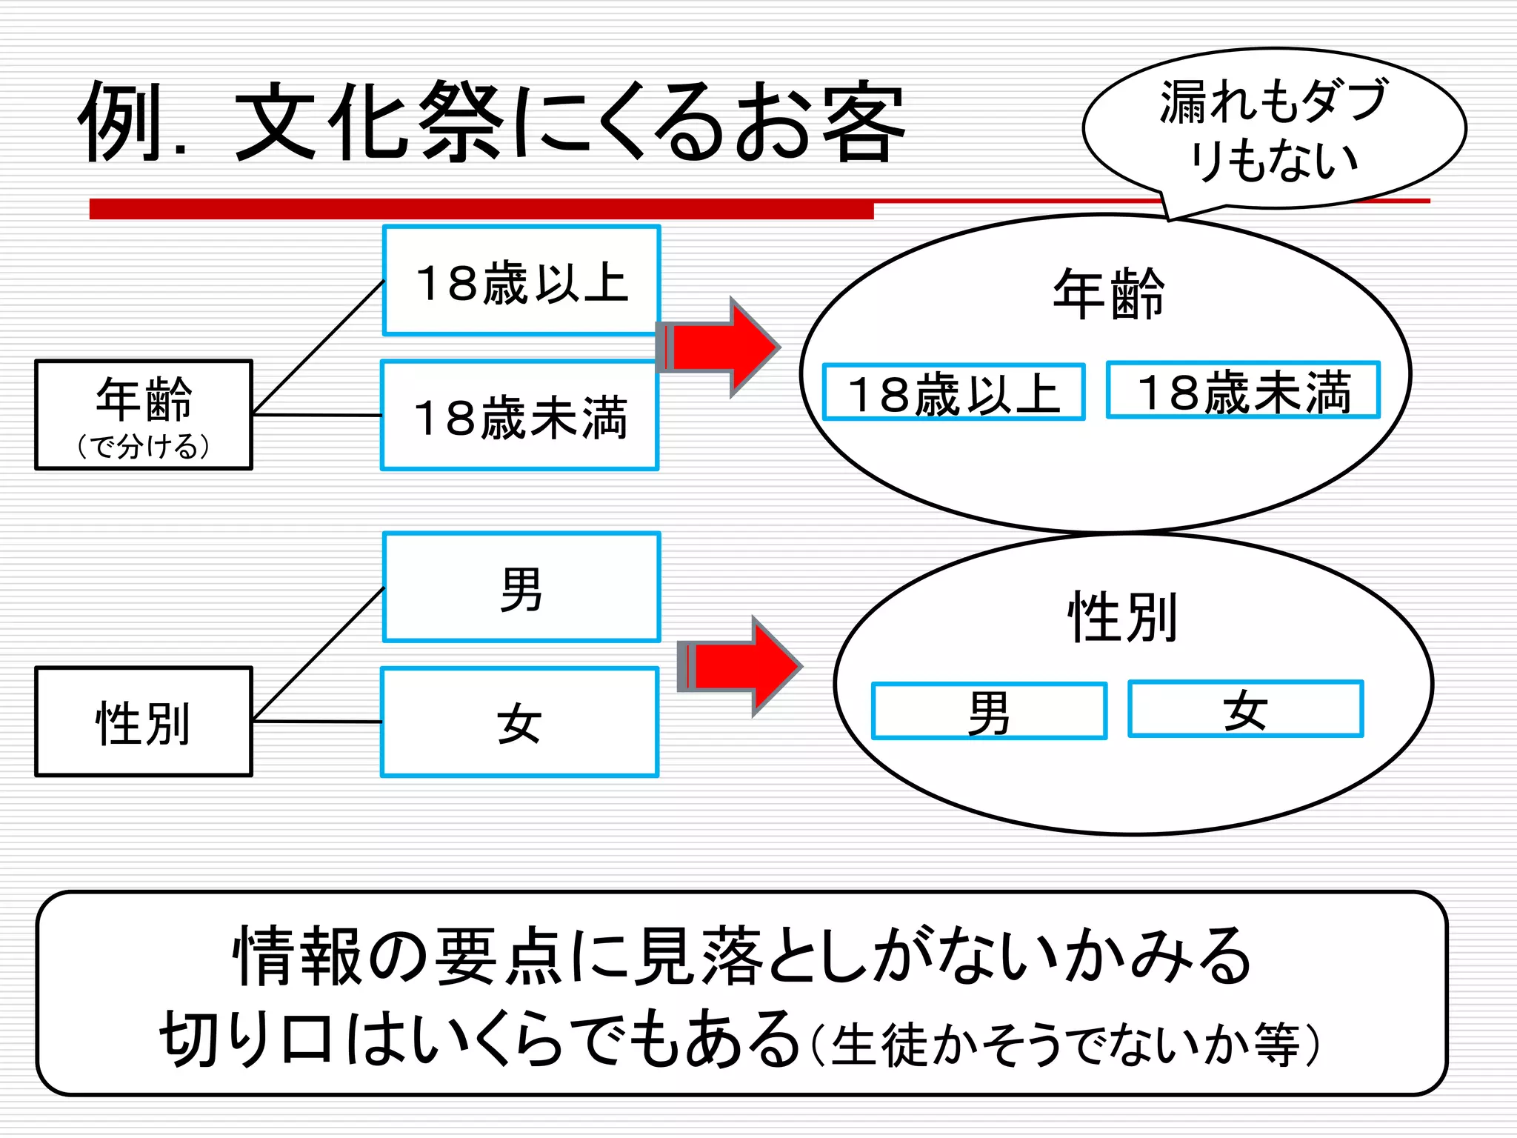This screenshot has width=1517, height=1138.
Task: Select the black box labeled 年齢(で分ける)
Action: click(144, 415)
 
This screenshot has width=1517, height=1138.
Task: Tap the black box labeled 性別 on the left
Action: click(144, 722)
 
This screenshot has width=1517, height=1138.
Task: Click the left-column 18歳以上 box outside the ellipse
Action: click(521, 282)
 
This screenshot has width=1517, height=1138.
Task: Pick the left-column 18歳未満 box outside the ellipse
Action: click(520, 416)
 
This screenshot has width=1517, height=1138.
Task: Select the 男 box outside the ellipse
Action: click(521, 588)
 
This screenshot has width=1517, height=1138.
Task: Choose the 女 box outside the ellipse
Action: click(520, 723)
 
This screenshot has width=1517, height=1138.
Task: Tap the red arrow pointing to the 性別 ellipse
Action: click(741, 666)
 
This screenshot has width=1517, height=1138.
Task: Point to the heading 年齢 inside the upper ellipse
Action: click(1109, 294)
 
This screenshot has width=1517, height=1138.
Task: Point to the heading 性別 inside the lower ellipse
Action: click(1122, 616)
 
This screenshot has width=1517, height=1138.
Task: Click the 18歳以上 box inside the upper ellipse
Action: click(954, 393)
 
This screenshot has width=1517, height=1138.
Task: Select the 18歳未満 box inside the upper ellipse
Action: click(1244, 391)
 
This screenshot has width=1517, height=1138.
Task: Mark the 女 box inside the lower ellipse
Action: click(1246, 709)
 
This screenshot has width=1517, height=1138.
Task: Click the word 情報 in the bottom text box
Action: click(297, 956)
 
